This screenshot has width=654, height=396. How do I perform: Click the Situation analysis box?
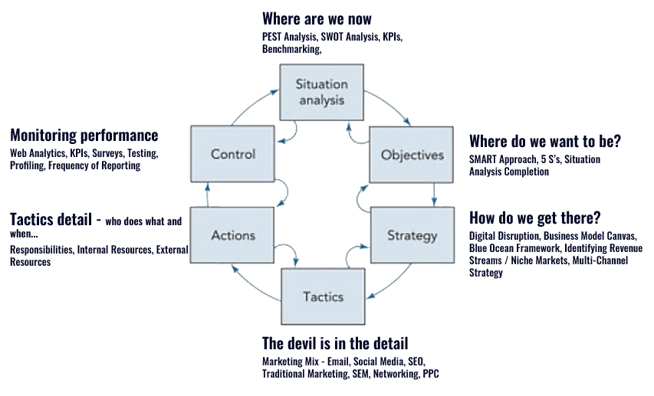tap(322, 92)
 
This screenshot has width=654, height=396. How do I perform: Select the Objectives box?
tap(412, 155)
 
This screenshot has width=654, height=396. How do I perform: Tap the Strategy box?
tap(412, 234)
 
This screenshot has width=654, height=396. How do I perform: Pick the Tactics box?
tap(322, 296)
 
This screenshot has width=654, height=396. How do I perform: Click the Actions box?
tap(232, 234)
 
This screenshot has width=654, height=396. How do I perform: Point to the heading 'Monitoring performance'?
tap(84, 136)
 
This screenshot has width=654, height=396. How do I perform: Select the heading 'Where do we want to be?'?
tap(544, 142)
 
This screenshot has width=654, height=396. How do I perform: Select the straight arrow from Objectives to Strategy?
tap(435, 195)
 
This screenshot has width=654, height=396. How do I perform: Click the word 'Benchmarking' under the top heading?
tap(290, 48)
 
